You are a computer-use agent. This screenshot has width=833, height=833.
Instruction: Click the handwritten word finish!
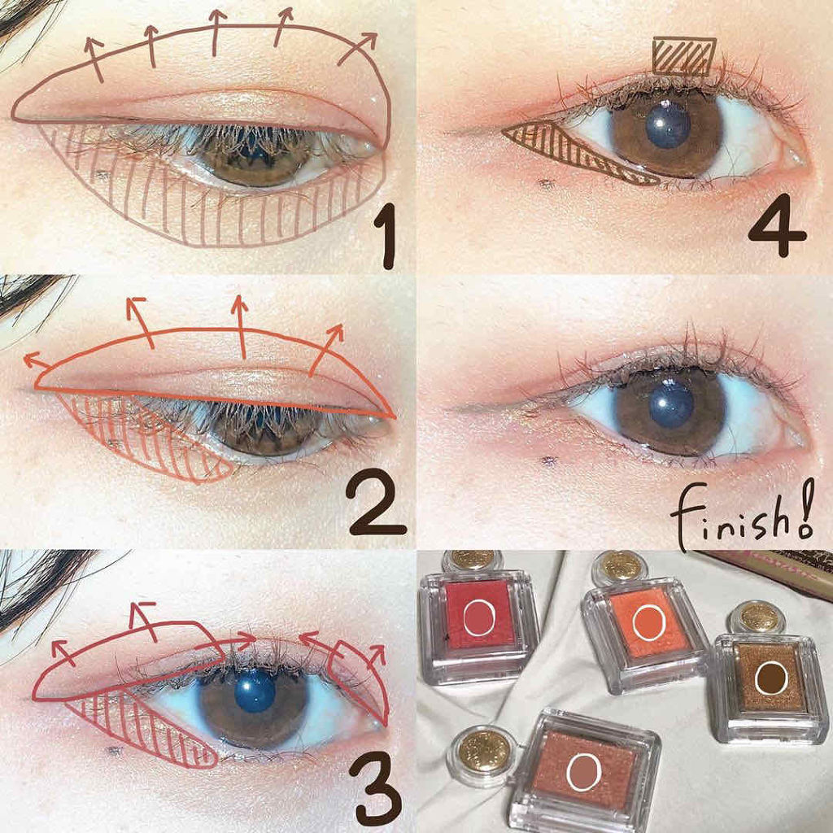(742, 515)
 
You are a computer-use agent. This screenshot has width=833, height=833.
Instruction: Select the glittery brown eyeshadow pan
(771, 678)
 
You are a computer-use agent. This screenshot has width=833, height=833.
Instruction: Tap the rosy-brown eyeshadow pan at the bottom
(584, 770)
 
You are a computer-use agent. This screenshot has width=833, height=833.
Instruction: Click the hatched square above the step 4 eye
(684, 56)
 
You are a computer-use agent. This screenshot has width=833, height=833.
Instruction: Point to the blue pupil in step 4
(668, 125)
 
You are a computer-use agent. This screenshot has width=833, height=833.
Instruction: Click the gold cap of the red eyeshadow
(473, 559)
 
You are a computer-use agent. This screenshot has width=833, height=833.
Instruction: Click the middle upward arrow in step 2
(241, 327)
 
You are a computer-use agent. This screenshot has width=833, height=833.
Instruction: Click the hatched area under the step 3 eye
(143, 731)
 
